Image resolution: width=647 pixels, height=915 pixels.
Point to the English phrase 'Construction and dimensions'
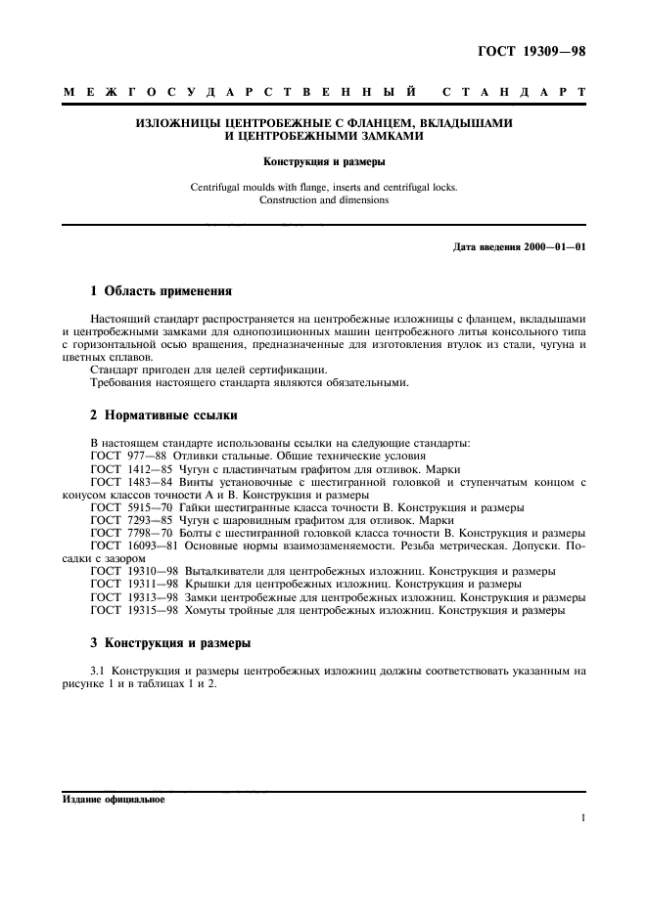click(323, 199)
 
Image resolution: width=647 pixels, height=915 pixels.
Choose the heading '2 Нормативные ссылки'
click(163, 415)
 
